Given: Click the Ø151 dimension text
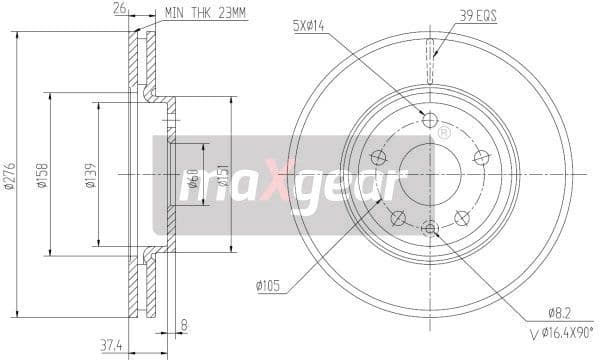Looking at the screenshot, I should point(224,179).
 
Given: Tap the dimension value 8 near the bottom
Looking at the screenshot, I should point(185,323).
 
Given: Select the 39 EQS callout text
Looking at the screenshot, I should point(479,15).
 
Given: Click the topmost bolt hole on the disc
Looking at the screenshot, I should point(430,121).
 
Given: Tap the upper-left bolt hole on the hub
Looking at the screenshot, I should point(378,157).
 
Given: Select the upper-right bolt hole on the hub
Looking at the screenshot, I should point(481,157).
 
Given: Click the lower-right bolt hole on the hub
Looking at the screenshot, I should point(462,217).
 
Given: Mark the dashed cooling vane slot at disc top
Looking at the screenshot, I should point(430,50).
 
